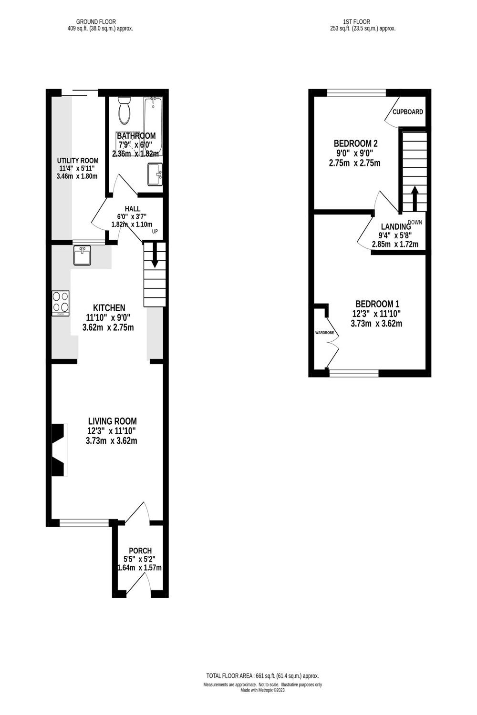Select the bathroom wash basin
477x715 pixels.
click(x=156, y=174)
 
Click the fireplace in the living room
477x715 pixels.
click(x=59, y=449)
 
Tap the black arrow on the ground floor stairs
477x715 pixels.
click(x=155, y=258)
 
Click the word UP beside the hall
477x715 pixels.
click(x=155, y=232)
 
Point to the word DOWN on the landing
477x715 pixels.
click(x=415, y=222)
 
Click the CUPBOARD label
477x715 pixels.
click(x=407, y=112)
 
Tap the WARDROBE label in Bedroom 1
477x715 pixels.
click(x=324, y=332)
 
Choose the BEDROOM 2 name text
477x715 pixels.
click(x=355, y=143)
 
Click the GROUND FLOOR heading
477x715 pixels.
click(x=96, y=21)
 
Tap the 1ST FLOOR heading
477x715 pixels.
click(x=356, y=21)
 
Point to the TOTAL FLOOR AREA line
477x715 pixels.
click(x=262, y=676)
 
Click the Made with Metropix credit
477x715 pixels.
click(x=262, y=690)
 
